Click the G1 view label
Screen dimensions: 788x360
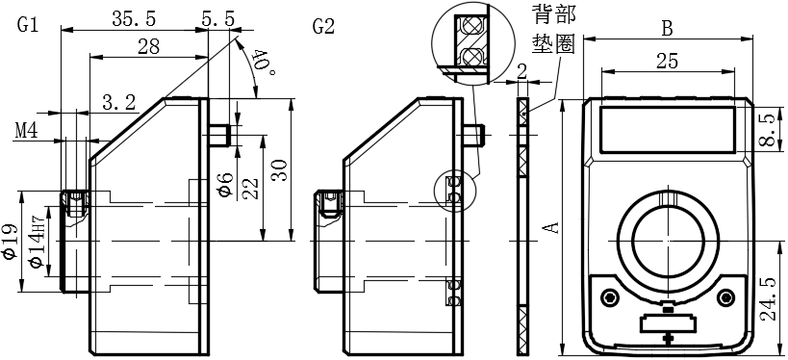[x=28, y=25]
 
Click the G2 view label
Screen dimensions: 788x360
[x=323, y=27]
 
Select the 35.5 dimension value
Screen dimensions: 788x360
[x=134, y=19]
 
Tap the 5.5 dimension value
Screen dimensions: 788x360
[x=217, y=19]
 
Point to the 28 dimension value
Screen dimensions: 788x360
[x=148, y=47]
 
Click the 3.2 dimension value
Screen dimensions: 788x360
[x=119, y=103]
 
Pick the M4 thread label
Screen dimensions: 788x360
[x=27, y=131]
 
